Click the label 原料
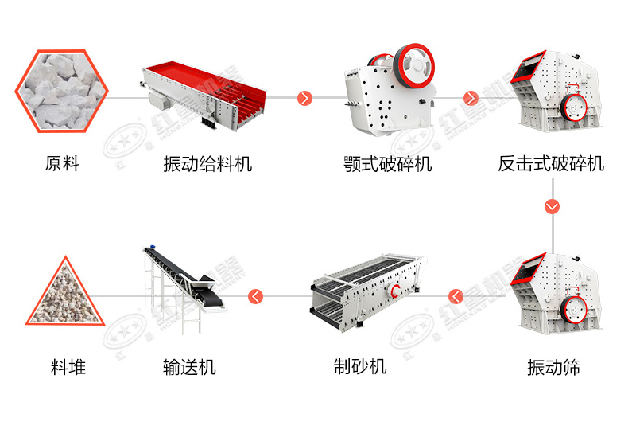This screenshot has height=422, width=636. [63, 164]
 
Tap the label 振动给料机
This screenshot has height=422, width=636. [207, 164]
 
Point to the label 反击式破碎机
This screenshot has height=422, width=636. [551, 164]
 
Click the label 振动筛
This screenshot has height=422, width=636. [553, 367]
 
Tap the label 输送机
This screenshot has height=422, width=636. [188, 367]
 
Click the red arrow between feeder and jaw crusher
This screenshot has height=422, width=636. [305, 98]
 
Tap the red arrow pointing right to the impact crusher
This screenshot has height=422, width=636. [471, 98]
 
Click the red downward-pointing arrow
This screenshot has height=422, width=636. [552, 206]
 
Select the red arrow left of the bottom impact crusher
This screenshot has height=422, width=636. [456, 296]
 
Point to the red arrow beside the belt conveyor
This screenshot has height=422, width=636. [255, 296]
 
